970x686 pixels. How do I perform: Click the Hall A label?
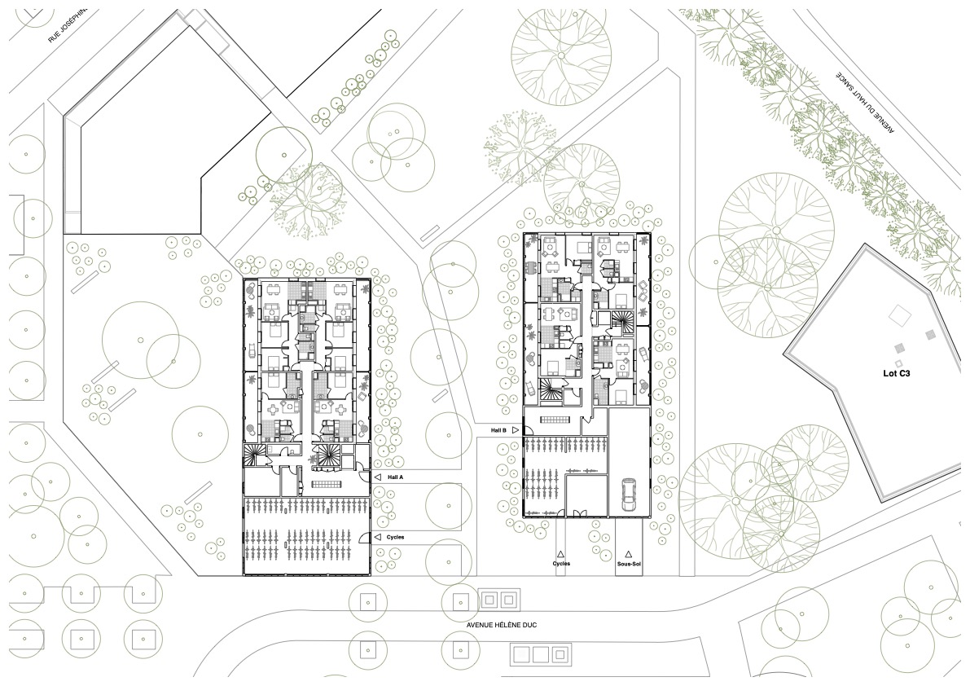click(395, 477)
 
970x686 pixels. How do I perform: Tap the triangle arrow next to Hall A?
click(377, 477)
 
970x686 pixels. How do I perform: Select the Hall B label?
click(498, 430)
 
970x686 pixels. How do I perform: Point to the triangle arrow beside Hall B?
click(516, 430)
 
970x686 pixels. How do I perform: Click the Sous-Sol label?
click(629, 564)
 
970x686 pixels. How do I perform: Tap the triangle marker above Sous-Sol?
click(629, 554)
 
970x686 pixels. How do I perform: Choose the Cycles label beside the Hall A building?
click(395, 537)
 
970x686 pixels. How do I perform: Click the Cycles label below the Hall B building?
click(561, 564)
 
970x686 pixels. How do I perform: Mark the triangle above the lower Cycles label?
click(560, 554)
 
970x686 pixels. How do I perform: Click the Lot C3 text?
click(897, 374)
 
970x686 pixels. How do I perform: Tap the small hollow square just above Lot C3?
click(898, 363)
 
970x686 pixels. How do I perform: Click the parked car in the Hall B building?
click(628, 495)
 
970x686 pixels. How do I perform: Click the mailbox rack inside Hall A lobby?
click(326, 484)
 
